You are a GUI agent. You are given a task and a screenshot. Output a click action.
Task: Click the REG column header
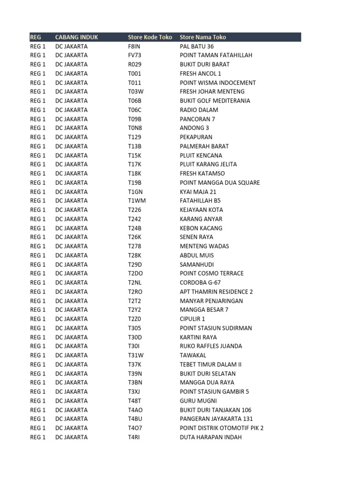click(x=36, y=37)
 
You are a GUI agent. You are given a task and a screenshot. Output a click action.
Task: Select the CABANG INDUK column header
click(x=76, y=37)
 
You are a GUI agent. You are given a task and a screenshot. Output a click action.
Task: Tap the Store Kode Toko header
click(x=150, y=37)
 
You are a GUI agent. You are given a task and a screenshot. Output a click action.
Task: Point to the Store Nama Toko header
click(x=203, y=37)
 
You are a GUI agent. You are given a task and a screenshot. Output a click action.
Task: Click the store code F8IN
click(x=135, y=46)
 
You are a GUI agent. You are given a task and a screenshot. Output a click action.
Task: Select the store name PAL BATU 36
click(x=197, y=46)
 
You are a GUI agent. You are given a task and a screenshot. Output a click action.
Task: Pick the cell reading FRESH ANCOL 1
click(x=201, y=74)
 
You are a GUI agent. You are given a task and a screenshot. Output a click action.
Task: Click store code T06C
click(x=135, y=110)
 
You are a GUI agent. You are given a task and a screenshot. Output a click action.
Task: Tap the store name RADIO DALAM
click(x=199, y=110)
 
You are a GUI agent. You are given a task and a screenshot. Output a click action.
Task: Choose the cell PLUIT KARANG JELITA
click(x=209, y=165)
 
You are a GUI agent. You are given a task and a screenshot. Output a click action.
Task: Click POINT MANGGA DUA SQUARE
click(x=220, y=183)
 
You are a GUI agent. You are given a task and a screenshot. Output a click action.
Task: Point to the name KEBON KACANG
click(x=201, y=228)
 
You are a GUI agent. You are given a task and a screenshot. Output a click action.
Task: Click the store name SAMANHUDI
click(x=197, y=264)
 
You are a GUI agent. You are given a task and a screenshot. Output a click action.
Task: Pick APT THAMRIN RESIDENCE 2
click(x=217, y=292)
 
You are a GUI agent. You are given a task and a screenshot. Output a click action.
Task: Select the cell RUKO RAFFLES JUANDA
click(x=211, y=346)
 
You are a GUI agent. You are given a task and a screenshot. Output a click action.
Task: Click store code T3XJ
click(x=135, y=392)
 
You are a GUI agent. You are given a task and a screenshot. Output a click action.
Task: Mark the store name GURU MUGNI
click(x=198, y=401)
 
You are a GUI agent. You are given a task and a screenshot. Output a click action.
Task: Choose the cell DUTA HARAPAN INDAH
click(x=211, y=437)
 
